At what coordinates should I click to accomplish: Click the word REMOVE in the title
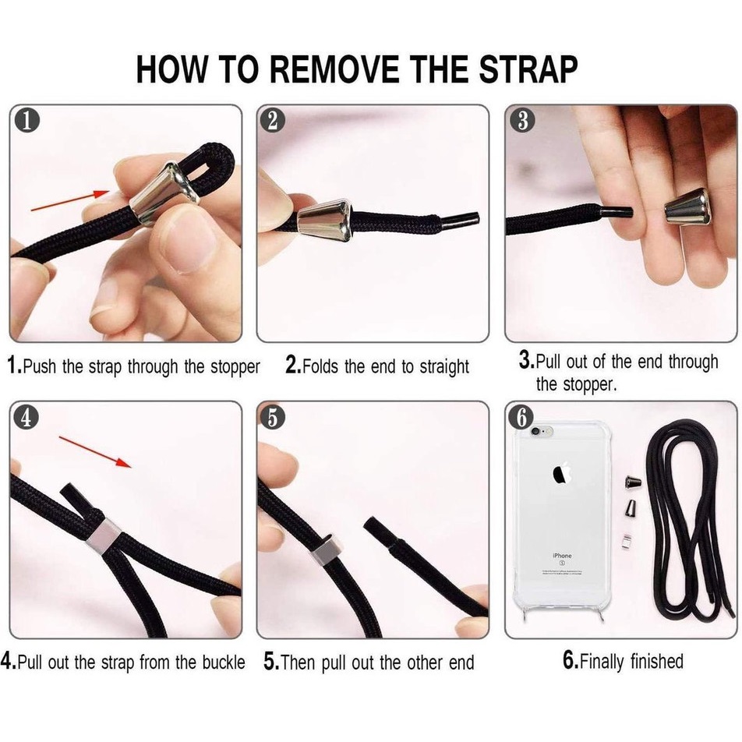point(336,69)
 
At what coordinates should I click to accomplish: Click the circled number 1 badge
point(27,121)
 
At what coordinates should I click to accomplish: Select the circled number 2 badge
point(273,121)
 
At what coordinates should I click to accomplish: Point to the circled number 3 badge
point(522,120)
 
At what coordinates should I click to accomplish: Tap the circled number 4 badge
point(26,417)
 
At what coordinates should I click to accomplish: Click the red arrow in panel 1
point(70,200)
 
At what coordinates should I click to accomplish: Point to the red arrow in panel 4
point(95,452)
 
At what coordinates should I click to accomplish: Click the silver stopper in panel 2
point(326,221)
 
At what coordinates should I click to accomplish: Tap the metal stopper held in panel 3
point(687,207)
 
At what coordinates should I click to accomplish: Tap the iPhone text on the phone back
point(562,556)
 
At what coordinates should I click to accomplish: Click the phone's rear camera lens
point(535,432)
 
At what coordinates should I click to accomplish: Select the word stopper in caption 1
point(235,367)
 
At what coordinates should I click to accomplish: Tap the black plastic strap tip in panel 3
point(617,211)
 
